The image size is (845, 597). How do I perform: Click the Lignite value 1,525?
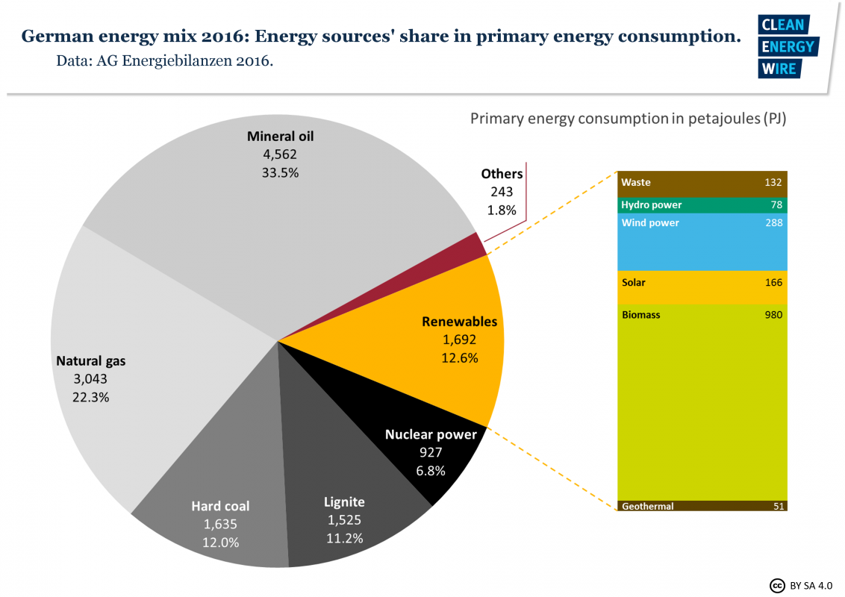[x=345, y=519]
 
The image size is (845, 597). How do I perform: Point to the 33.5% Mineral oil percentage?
[x=280, y=172]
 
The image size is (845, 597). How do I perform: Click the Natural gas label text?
[x=91, y=361]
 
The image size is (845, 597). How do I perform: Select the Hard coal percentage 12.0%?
[x=220, y=543]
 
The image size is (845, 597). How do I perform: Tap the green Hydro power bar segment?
[x=702, y=205]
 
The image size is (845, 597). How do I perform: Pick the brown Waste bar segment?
[x=702, y=184]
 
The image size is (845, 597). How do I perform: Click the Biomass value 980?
[x=773, y=315]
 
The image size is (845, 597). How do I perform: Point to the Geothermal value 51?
[x=777, y=506]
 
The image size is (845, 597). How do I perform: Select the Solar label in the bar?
[x=634, y=283]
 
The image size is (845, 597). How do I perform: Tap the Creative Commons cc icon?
[x=776, y=584]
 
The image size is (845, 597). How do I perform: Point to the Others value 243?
[x=502, y=192]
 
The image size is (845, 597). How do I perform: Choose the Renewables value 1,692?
[x=459, y=340]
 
